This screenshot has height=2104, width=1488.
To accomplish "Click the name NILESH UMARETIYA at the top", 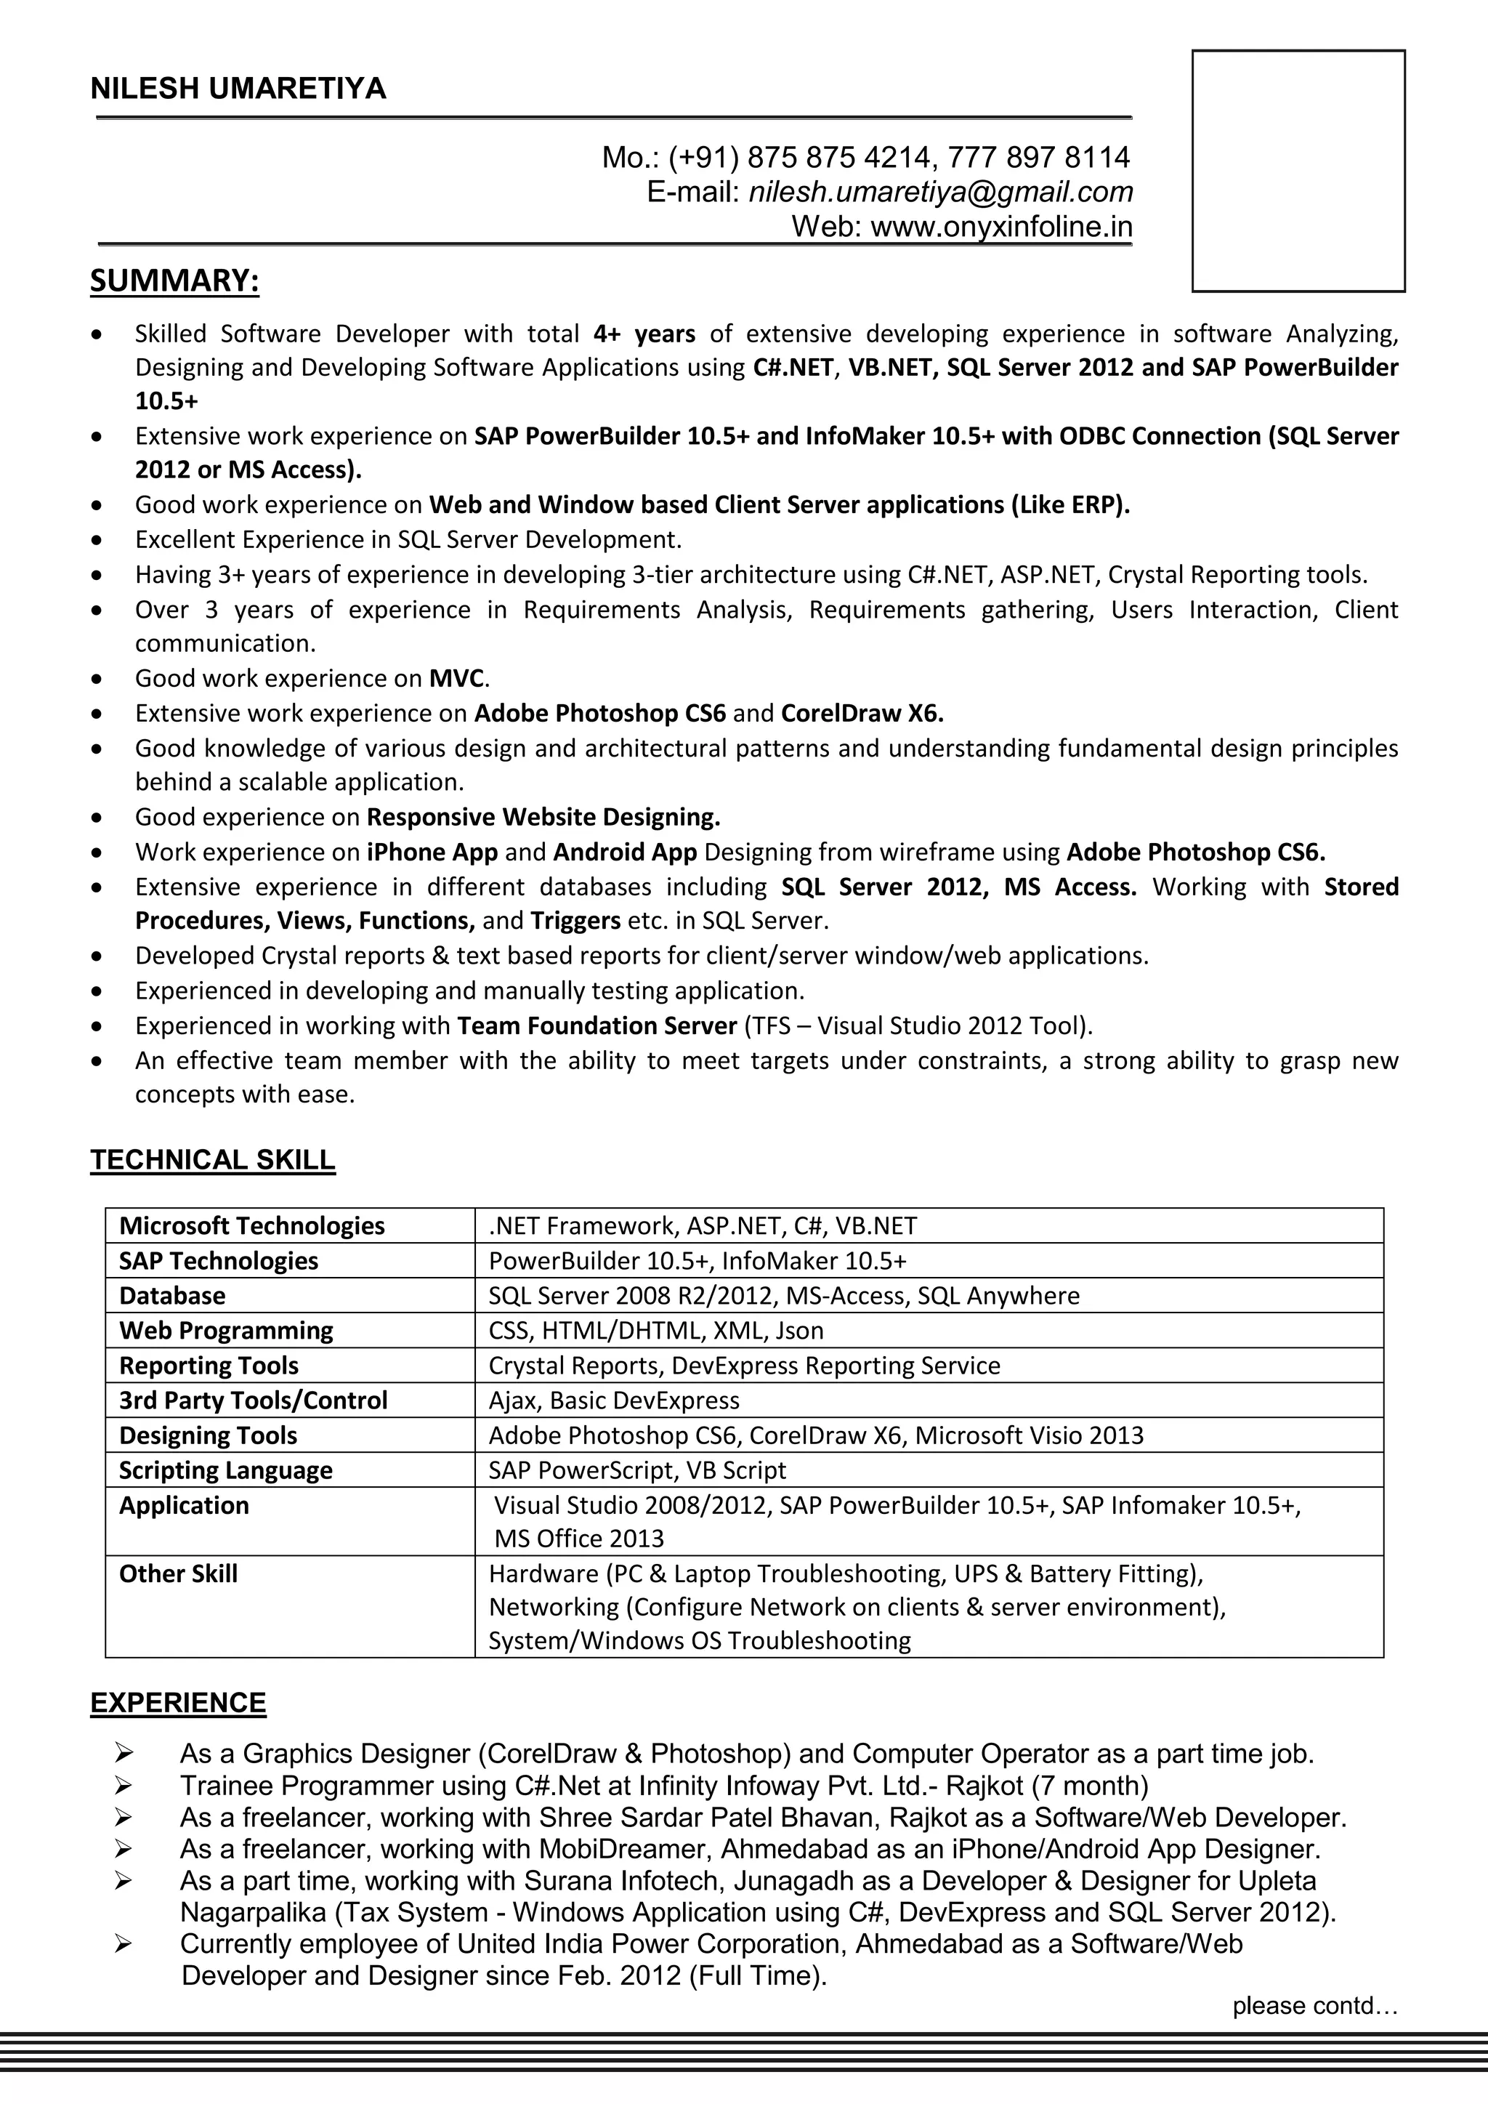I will [x=238, y=89].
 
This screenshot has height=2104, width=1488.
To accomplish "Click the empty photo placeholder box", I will [x=1298, y=172].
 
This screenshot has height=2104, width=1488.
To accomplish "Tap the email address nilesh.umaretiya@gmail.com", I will [x=940, y=192].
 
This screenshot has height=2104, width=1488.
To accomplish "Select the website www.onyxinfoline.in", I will [x=1000, y=226].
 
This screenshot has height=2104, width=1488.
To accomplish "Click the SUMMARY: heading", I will [x=174, y=281].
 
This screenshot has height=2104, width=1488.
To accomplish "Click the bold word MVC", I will [x=456, y=678].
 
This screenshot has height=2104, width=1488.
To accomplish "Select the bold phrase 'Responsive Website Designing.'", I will [x=543, y=816].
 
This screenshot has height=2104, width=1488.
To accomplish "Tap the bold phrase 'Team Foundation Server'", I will [x=597, y=1025].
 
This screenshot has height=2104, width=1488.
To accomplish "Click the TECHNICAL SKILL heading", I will [x=213, y=1160].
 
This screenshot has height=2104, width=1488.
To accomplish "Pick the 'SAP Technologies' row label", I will [x=218, y=1261].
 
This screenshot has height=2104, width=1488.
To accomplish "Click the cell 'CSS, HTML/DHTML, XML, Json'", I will [x=655, y=1331].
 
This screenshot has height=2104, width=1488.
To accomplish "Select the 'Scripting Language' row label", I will [x=225, y=1470].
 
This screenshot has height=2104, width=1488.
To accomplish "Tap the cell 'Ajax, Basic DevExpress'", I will [x=613, y=1400].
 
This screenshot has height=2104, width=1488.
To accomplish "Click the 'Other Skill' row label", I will [x=178, y=1573].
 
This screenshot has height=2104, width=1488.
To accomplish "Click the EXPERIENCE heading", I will [x=178, y=1703].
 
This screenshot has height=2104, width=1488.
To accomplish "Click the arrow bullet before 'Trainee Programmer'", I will [x=124, y=1785].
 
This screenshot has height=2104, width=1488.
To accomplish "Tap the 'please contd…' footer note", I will [x=1314, y=2006].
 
